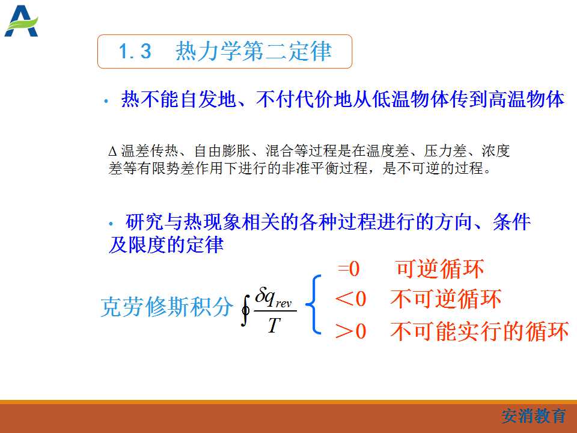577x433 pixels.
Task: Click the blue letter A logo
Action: coord(21,21)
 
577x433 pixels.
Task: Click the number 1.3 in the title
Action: coord(135,51)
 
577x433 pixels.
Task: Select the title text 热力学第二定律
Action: coord(254,51)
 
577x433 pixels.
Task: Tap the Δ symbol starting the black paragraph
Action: coord(112,152)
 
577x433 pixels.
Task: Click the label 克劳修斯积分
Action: coord(166,307)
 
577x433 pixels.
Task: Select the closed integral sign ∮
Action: coord(245,310)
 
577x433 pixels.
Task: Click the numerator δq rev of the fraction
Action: coord(273,298)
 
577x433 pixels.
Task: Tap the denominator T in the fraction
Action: coord(274,325)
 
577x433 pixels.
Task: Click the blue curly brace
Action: coord(314,305)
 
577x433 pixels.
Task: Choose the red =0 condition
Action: coord(349,269)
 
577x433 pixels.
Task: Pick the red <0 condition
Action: coord(350,299)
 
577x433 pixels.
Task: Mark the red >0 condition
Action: coord(350,331)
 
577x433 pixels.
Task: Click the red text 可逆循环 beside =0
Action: coord(440,269)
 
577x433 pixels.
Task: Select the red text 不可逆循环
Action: coord(445,299)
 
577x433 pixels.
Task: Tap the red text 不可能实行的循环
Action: coord(480,331)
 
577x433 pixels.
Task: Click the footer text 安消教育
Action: coord(534,416)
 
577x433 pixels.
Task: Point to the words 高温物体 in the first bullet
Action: coord(527,99)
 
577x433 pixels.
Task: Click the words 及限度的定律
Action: coord(166,244)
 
